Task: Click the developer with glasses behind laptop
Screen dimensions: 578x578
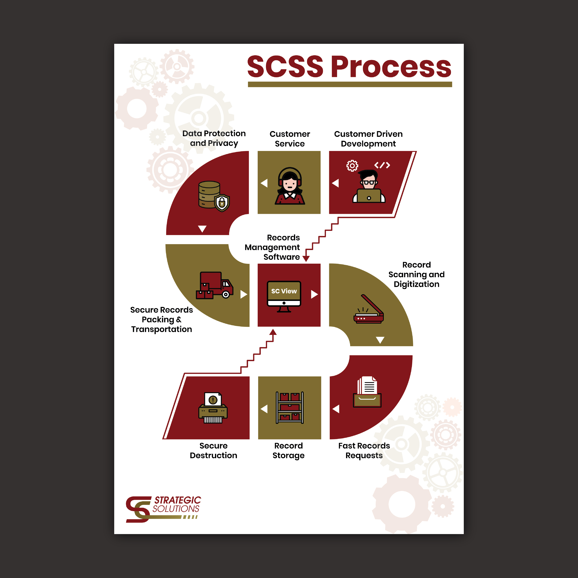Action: [369, 186]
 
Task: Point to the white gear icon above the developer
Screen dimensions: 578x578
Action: [352, 165]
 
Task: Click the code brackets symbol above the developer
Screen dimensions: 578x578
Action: [382, 165]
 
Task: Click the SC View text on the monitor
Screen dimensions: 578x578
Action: [284, 291]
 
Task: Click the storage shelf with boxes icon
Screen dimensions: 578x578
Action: [290, 407]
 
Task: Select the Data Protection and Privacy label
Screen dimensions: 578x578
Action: [214, 138]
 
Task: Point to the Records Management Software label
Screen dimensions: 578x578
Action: [272, 247]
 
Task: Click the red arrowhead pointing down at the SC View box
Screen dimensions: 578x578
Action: [306, 258]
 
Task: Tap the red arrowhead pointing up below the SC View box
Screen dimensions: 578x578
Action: [273, 332]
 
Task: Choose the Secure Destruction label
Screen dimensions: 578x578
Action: [213, 451]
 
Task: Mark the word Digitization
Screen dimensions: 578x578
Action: [416, 284]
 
